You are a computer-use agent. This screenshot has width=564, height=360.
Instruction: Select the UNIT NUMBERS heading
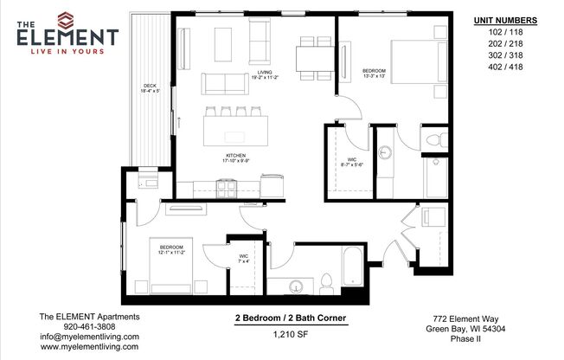pos(506,20)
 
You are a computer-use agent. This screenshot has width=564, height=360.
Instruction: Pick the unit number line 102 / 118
pos(506,35)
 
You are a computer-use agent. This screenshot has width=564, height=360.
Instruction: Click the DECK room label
pos(150,88)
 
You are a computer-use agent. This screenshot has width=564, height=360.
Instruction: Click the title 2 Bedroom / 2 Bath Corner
pos(292,318)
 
